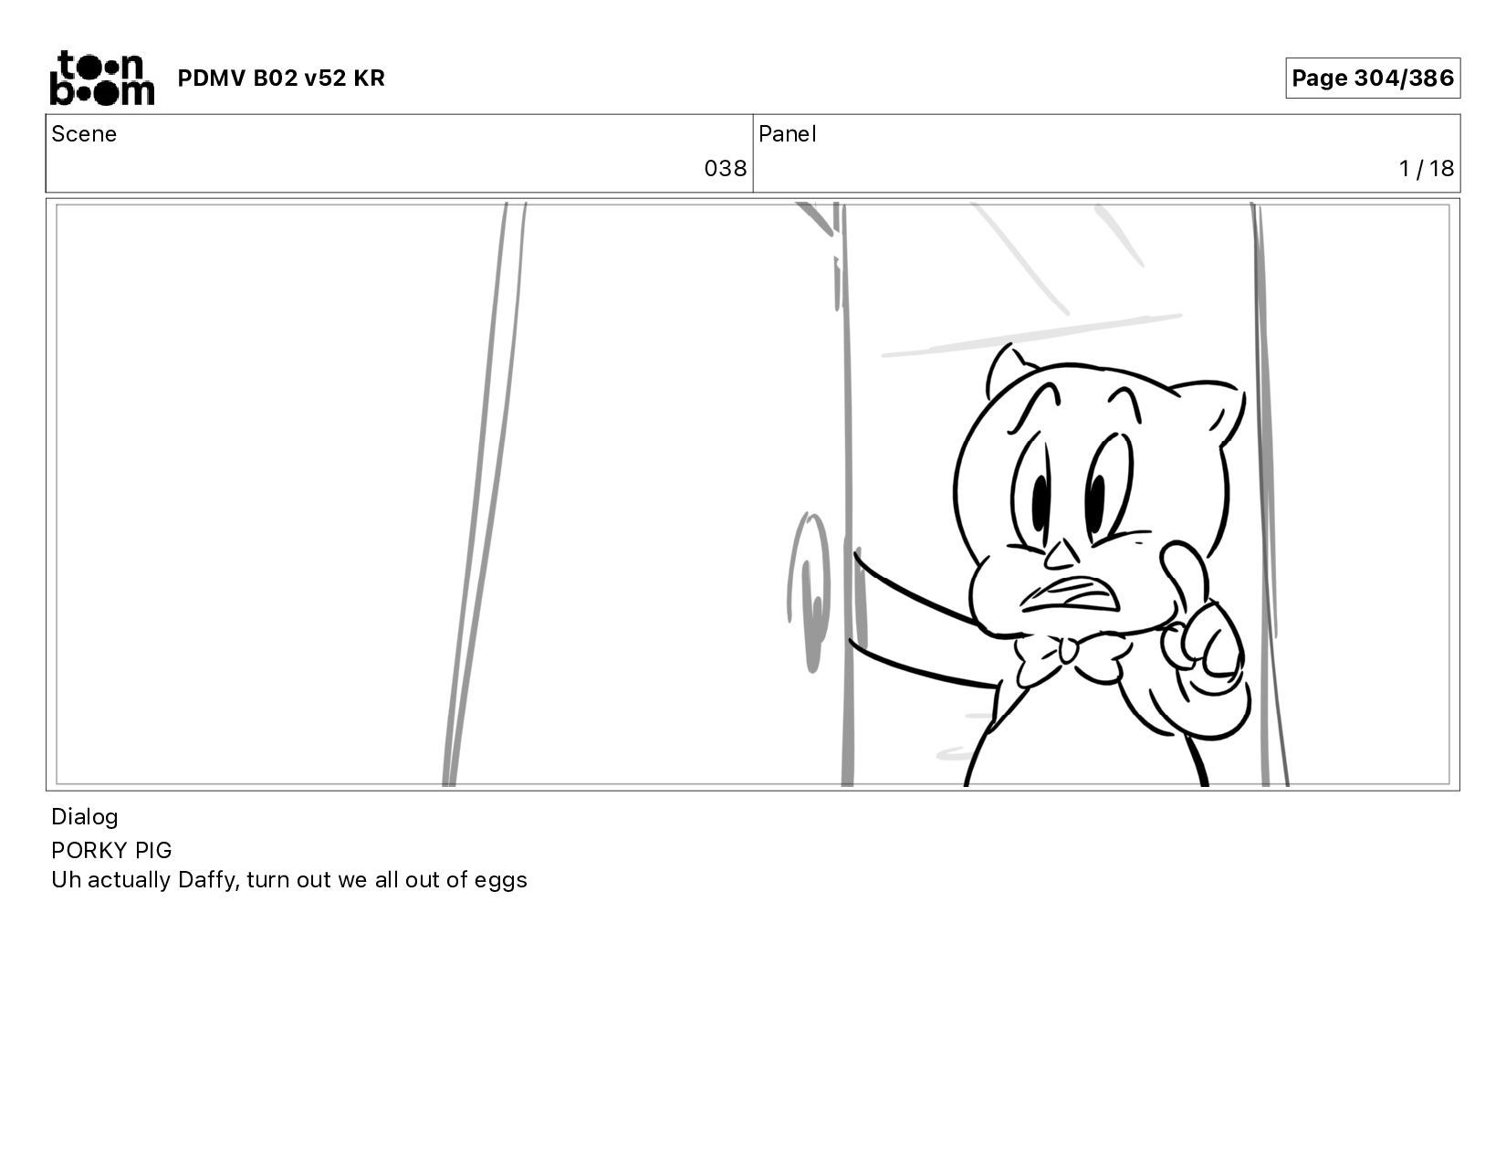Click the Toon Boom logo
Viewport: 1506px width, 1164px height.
pyautogui.click(x=102, y=78)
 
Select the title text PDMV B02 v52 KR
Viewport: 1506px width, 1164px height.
pyautogui.click(x=281, y=78)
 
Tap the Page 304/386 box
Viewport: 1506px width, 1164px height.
pyautogui.click(x=1372, y=78)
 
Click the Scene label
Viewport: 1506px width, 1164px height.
pyautogui.click(x=84, y=134)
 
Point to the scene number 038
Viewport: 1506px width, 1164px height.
pyautogui.click(x=725, y=169)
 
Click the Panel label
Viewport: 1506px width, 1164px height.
pyautogui.click(x=788, y=134)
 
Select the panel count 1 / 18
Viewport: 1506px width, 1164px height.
pyautogui.click(x=1427, y=169)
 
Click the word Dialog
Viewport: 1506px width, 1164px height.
pyautogui.click(x=85, y=817)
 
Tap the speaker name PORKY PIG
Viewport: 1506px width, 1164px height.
pyautogui.click(x=111, y=850)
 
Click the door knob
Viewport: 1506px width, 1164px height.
pyautogui.click(x=808, y=592)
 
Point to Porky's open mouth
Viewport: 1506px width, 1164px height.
pyautogui.click(x=1070, y=595)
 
